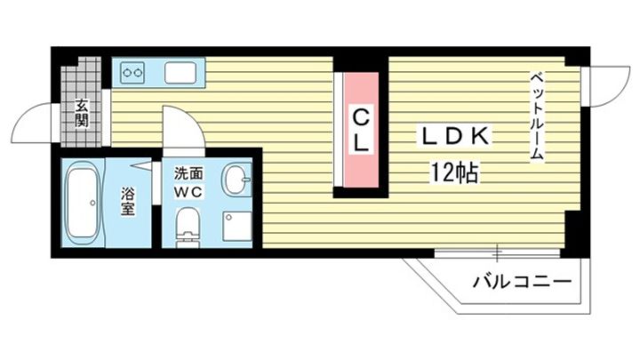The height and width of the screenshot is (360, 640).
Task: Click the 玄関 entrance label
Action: pos(81,113)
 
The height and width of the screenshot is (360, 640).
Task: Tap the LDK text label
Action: pos(455,136)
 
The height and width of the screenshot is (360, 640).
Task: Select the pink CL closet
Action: pos(361,130)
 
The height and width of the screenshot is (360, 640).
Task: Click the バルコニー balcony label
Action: pos(522,282)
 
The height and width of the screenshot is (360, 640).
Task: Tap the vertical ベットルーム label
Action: pos(537,116)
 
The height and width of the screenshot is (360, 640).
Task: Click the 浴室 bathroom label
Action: pos(127,201)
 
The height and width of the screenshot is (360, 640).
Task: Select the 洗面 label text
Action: pos(188,173)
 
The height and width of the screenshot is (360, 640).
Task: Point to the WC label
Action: pos(188,192)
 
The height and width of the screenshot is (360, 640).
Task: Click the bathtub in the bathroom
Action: pos(84,203)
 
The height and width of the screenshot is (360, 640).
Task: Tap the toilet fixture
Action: pos(188,228)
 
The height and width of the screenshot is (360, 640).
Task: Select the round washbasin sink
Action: pos(236,180)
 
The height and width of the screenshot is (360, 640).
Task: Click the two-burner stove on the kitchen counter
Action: pos(133,73)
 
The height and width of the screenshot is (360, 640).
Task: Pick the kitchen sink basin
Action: pos(180,73)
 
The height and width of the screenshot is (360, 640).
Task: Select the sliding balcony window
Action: pos(497,253)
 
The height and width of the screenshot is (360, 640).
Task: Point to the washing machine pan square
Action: pos(236,226)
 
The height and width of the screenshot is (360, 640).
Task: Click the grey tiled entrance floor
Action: pos(81,102)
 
